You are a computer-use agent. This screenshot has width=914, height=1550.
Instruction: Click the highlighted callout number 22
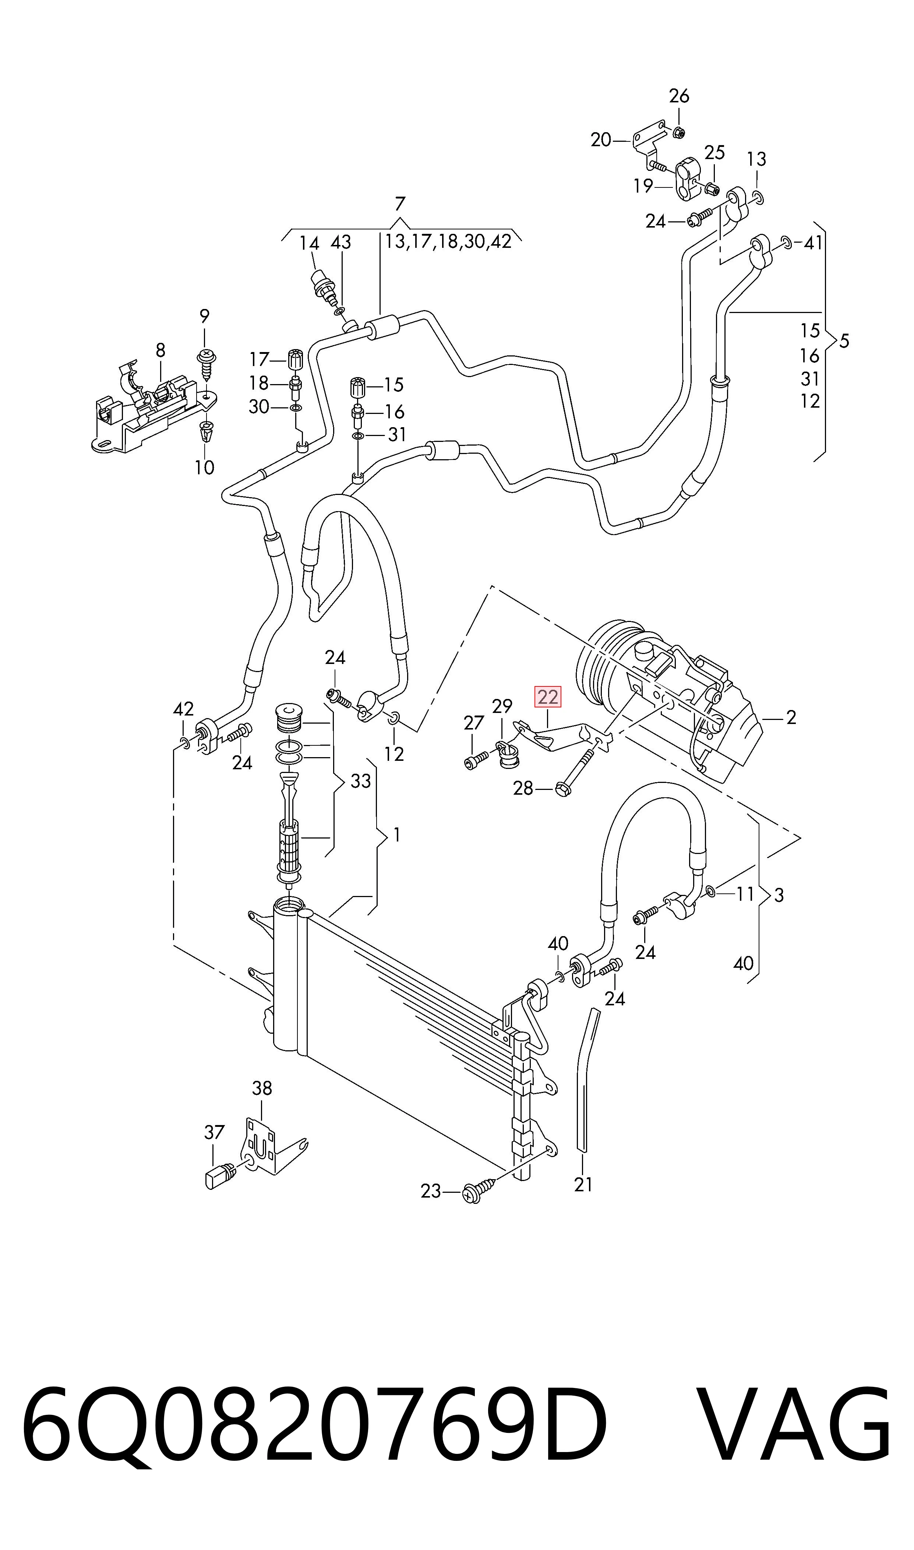[x=547, y=697]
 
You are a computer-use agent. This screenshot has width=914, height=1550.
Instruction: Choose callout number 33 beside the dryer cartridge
[x=361, y=781]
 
